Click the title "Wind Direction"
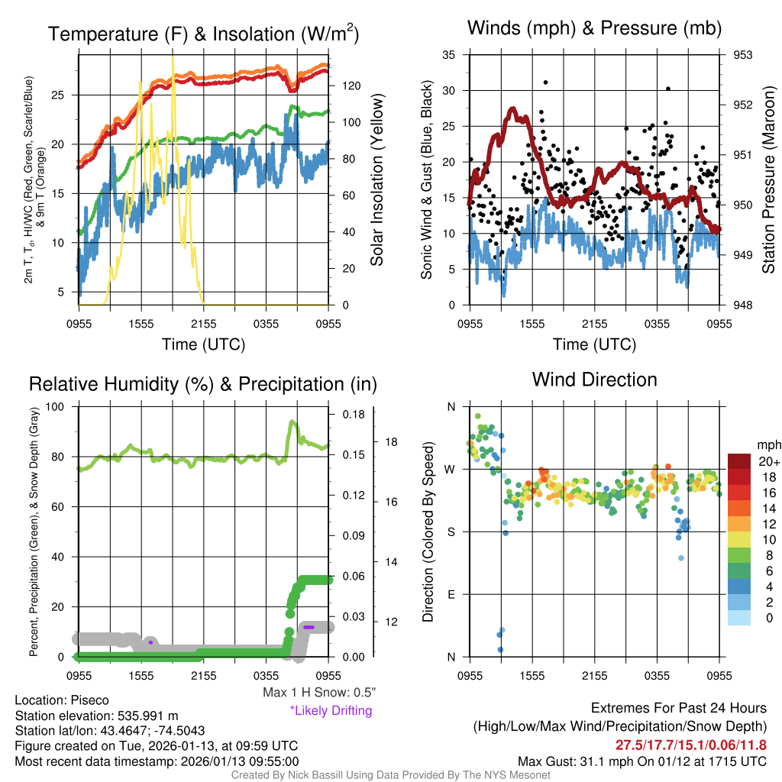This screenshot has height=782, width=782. tap(594, 380)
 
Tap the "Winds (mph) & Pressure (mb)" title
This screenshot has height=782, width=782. tap(594, 28)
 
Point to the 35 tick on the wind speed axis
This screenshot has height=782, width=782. tap(449, 55)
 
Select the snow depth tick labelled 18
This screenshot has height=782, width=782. tap(390, 441)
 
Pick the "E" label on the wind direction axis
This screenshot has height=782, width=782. tap(451, 594)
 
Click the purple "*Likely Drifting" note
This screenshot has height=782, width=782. tap(331, 711)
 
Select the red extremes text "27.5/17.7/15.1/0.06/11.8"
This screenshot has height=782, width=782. tap(690, 745)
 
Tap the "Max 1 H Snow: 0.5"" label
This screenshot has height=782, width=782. tap(319, 693)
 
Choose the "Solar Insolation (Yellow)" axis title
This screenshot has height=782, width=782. tap(376, 180)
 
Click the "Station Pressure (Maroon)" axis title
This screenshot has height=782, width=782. tap(769, 180)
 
